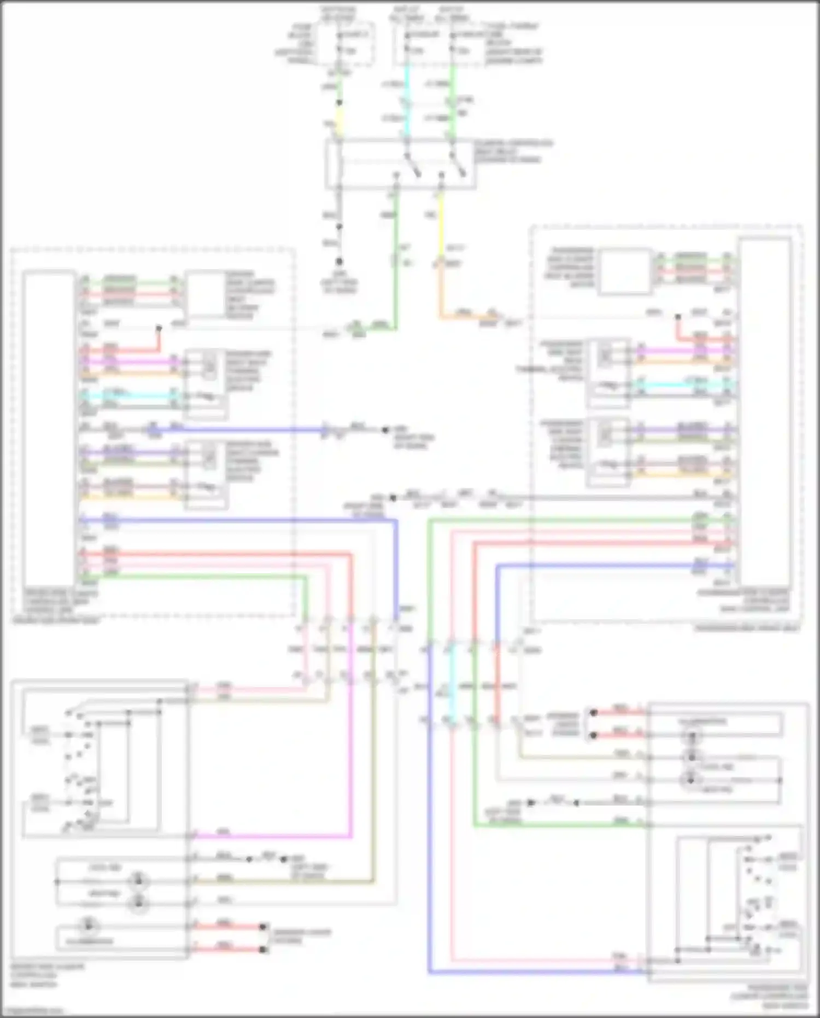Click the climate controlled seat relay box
400,164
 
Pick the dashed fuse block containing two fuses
437,44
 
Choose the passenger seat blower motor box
625,271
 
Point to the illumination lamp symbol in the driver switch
87,926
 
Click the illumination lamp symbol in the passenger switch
692,736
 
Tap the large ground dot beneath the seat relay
339,262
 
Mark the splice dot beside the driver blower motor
159,328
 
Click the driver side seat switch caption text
46,976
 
